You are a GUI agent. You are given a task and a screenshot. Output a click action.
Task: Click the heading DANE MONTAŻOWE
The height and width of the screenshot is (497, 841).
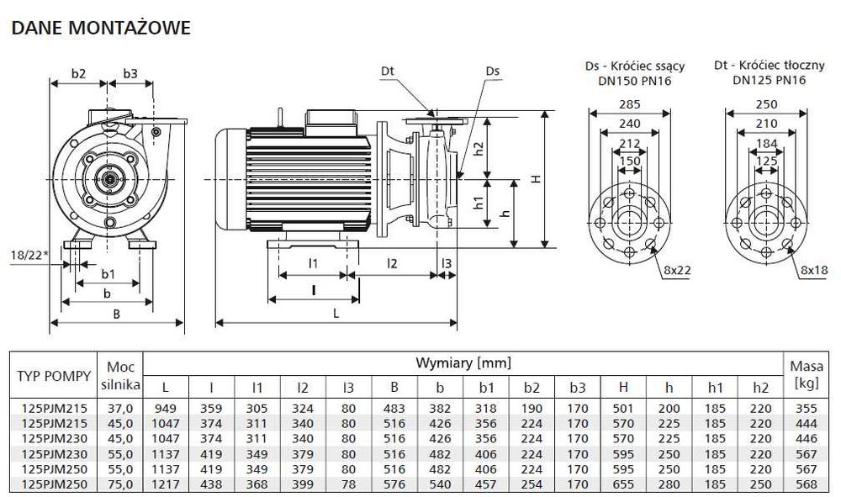[x=100, y=28]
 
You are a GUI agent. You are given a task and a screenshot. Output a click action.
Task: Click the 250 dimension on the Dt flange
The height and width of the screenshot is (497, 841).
[x=765, y=105]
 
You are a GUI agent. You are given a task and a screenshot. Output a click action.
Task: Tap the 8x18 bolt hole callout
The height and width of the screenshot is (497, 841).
[x=813, y=270]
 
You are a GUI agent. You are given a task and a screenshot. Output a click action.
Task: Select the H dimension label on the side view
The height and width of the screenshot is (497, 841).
[x=536, y=178]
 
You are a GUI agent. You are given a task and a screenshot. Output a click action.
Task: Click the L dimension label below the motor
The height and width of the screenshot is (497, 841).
[x=336, y=313]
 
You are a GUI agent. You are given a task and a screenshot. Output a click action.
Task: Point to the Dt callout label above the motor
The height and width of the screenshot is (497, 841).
[x=387, y=72]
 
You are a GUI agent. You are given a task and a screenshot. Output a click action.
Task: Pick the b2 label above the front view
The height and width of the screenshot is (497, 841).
[x=78, y=74]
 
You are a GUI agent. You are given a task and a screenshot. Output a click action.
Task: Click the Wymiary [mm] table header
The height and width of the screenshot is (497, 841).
[x=463, y=363]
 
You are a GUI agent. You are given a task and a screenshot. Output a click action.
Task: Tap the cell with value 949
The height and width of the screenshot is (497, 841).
[x=165, y=408]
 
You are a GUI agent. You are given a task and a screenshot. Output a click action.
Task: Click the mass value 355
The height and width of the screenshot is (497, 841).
[x=806, y=408]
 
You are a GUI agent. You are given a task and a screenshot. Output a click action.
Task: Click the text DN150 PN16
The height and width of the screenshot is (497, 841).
[x=633, y=80]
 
